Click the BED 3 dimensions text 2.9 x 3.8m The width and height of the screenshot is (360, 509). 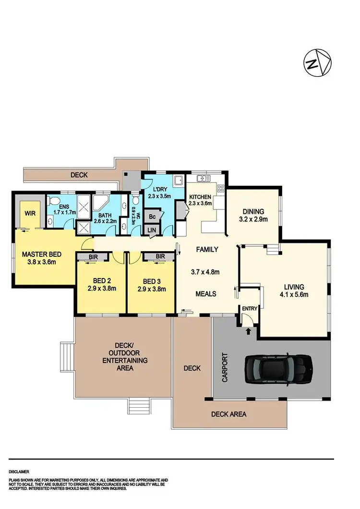(x=151, y=289)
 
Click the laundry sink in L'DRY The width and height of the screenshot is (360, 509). (x=179, y=181)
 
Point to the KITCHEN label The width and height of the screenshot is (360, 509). (x=200, y=197)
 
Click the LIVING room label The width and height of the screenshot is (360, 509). (x=293, y=287)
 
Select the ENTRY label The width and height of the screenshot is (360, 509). (x=250, y=308)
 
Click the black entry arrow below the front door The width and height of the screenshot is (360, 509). (x=249, y=331)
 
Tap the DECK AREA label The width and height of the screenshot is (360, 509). (x=229, y=414)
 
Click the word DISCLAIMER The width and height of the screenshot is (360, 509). (x=19, y=472)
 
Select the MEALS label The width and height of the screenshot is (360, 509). (x=206, y=294)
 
